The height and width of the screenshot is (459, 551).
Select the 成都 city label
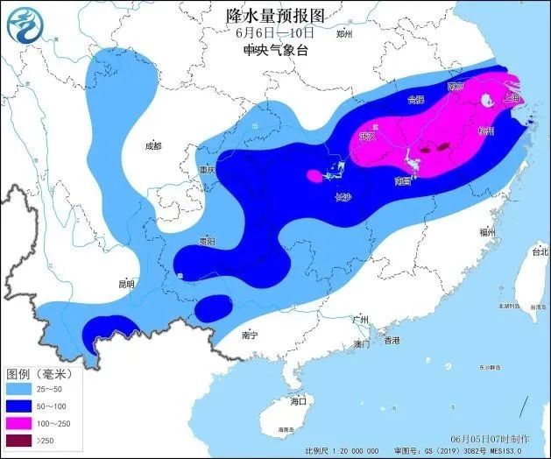pos(153,145)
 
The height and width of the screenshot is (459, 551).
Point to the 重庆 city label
pos(207,169)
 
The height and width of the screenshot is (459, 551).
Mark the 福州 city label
pos(488,231)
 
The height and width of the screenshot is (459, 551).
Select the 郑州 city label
pos(343,34)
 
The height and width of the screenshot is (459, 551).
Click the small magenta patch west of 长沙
pos(314,175)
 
